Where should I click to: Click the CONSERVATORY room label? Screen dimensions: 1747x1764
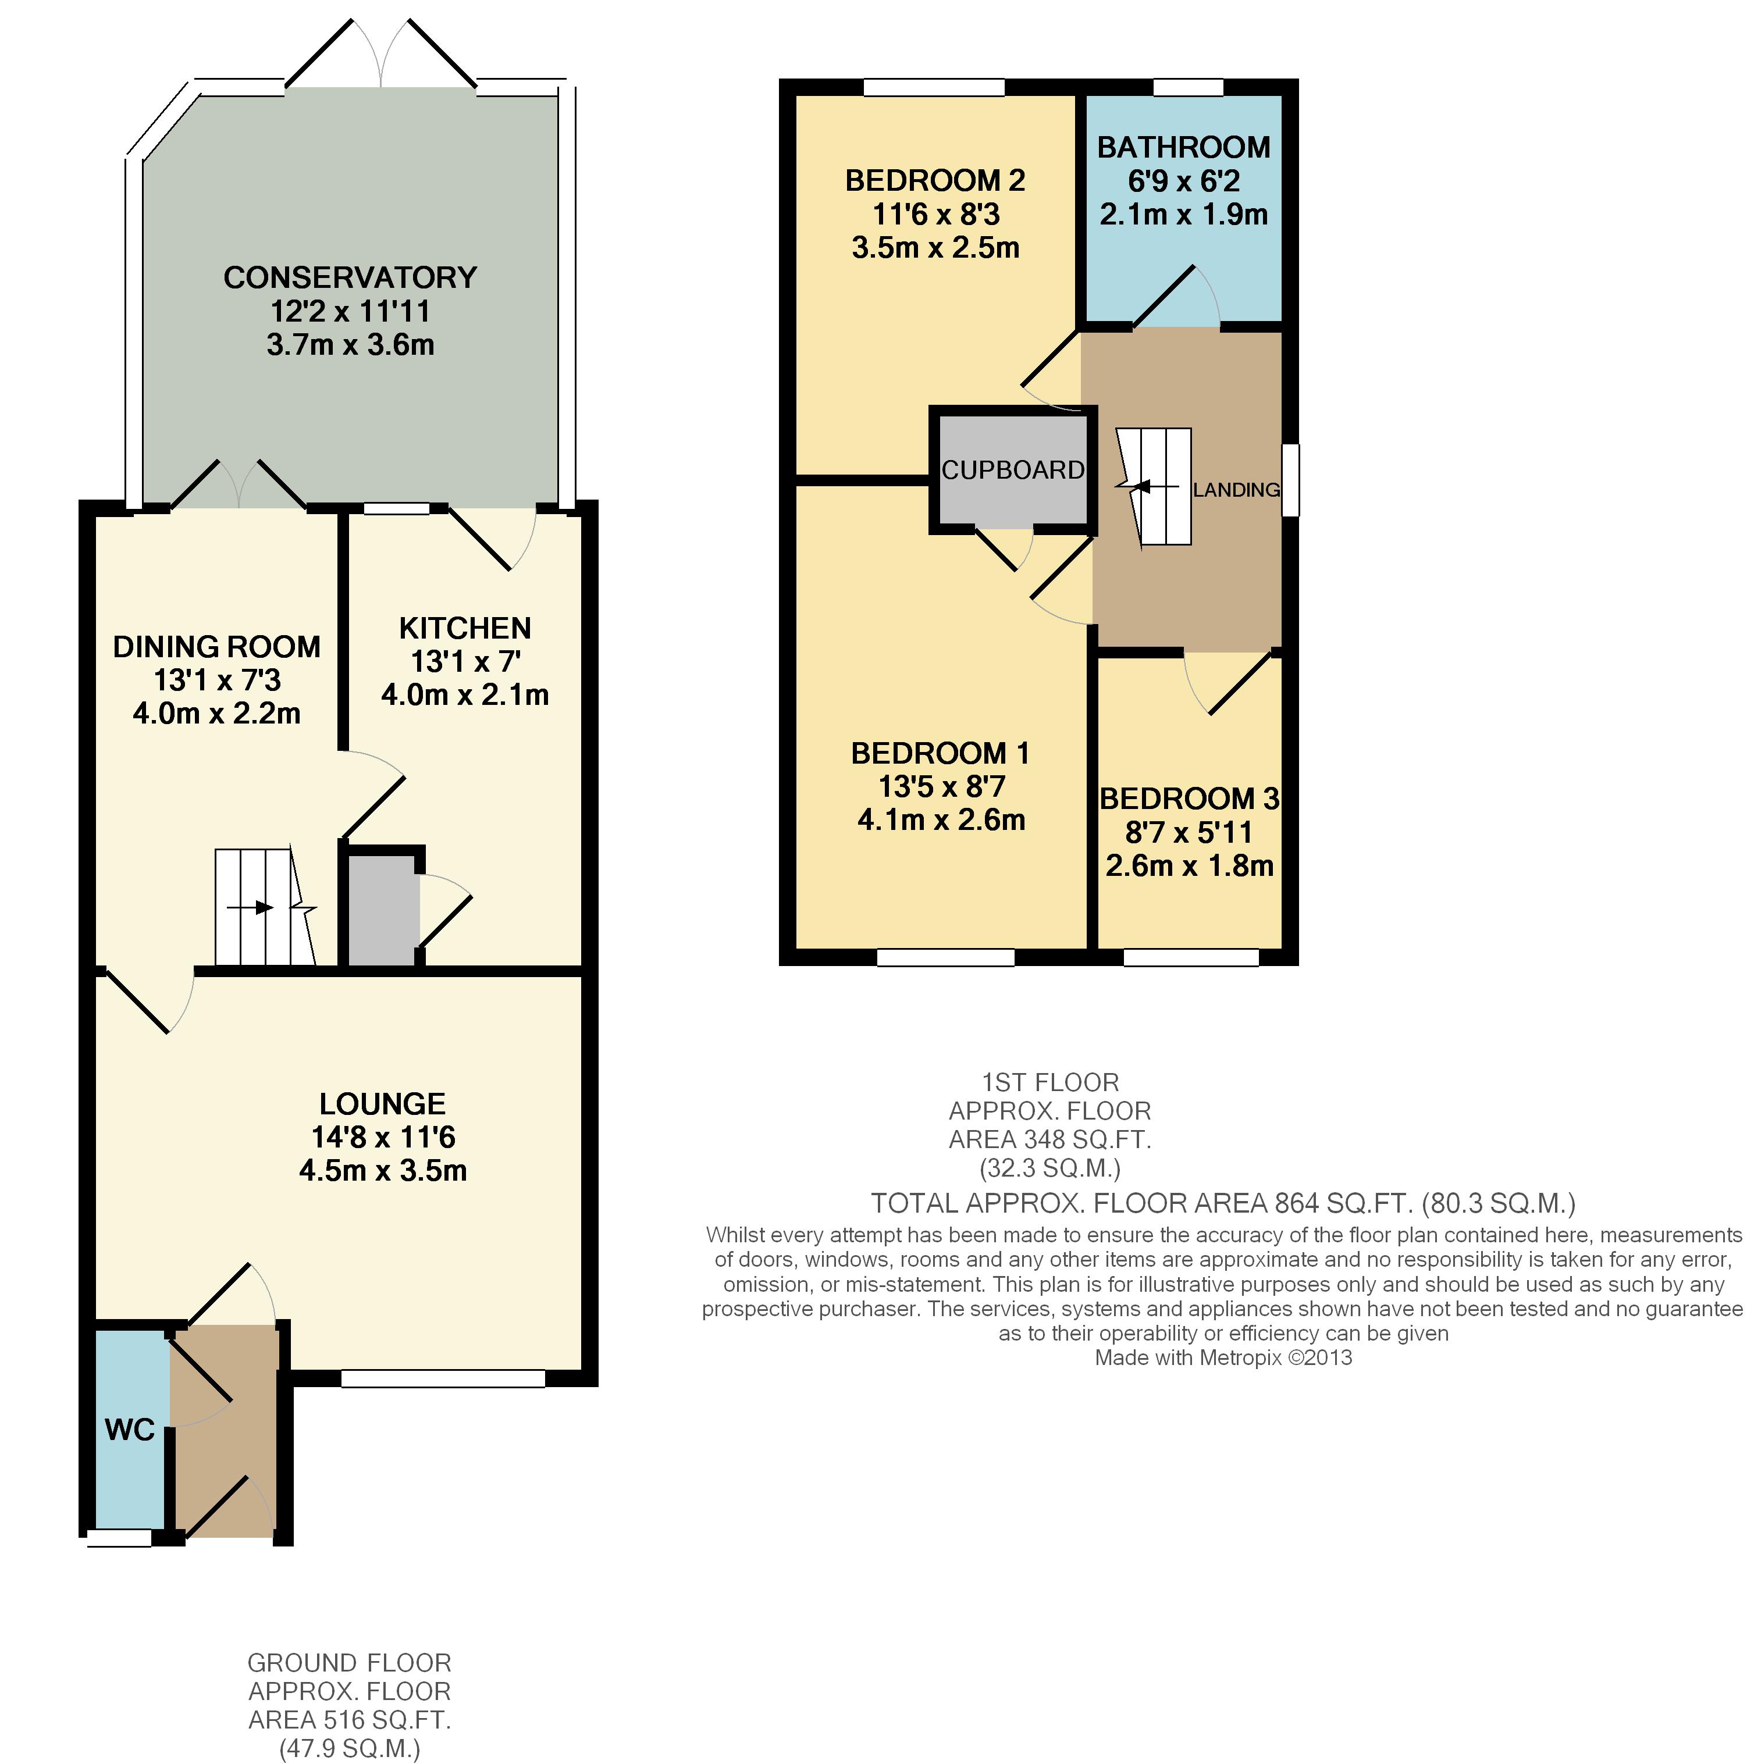[350, 277]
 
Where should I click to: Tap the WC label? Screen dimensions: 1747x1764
[130, 1429]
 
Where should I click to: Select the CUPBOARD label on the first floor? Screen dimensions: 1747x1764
[1013, 469]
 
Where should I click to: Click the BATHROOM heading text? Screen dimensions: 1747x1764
[1183, 147]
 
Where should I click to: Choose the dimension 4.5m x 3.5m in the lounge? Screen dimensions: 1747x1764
[383, 1171]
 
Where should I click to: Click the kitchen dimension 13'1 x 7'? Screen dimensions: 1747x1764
[465, 661]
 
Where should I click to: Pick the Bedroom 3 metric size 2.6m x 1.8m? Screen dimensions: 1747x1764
[1189, 865]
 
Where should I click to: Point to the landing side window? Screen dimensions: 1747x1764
[1290, 480]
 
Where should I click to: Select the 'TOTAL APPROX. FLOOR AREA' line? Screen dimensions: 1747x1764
[1223, 1203]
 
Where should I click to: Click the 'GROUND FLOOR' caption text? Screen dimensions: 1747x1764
[350, 1663]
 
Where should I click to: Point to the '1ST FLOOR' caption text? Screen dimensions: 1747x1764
[1050, 1083]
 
